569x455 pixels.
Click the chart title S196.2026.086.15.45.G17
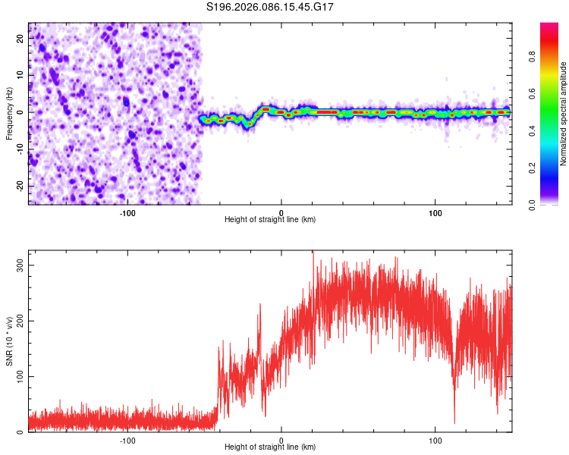270,7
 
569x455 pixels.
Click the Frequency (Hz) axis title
9,111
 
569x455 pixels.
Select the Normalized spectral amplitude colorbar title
564,114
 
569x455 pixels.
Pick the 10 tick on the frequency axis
20,75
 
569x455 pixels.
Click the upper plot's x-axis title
270,220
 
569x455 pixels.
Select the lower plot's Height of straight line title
270,447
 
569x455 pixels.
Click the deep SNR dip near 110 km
454,422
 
